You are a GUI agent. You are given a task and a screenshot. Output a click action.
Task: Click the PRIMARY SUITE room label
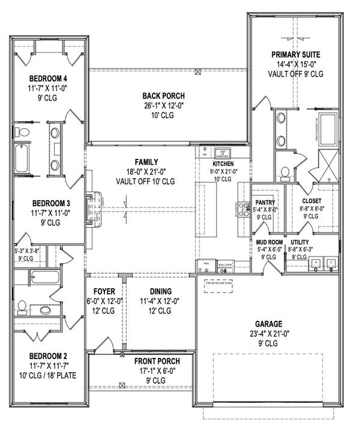(x=295, y=54)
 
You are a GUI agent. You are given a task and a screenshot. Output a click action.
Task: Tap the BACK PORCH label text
(x=163, y=96)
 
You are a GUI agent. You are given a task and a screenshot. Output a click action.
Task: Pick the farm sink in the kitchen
(x=222, y=152)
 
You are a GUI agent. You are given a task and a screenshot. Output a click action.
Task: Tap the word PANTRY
(x=265, y=202)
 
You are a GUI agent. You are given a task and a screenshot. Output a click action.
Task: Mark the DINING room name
(x=157, y=292)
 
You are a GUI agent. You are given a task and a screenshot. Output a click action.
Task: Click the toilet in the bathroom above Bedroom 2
(x=23, y=308)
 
